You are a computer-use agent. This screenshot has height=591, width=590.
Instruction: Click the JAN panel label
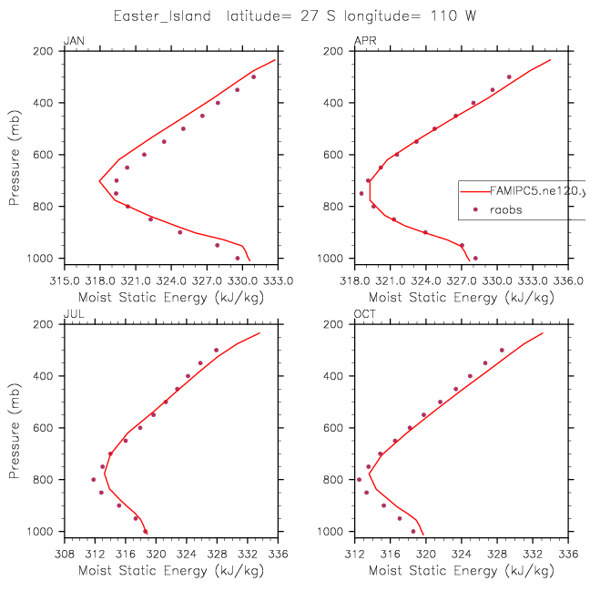(74, 41)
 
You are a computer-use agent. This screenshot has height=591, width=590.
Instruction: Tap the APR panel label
(365, 41)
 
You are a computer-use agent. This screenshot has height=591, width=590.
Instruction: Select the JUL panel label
(74, 314)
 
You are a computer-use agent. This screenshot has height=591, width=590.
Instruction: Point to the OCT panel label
(365, 314)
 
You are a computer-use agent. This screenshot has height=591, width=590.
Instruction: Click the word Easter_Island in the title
(162, 16)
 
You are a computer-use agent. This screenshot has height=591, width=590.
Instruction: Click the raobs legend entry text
(506, 210)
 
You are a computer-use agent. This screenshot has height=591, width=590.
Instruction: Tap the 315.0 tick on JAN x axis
(65, 280)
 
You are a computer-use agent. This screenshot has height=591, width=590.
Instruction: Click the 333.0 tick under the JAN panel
(278, 280)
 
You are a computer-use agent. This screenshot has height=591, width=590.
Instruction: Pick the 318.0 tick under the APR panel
(355, 280)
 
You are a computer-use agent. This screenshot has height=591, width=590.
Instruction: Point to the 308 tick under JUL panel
(65, 554)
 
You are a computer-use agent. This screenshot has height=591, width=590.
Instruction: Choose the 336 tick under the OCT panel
(568, 554)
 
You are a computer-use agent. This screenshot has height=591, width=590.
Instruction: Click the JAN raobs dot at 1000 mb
(238, 259)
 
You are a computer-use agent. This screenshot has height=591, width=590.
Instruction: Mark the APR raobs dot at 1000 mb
(475, 259)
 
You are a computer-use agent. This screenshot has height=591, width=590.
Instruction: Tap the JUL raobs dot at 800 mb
(94, 479)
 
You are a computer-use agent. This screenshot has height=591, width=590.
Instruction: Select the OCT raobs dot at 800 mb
(359, 479)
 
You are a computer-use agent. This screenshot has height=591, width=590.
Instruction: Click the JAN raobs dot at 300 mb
(253, 76)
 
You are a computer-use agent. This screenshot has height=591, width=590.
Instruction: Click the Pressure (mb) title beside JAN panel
(14, 158)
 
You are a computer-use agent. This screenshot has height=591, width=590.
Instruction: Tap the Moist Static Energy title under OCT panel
(462, 571)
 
